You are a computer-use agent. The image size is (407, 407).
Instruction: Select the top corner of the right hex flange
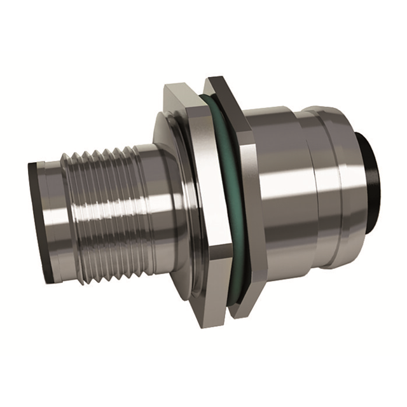click(x=219, y=79)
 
